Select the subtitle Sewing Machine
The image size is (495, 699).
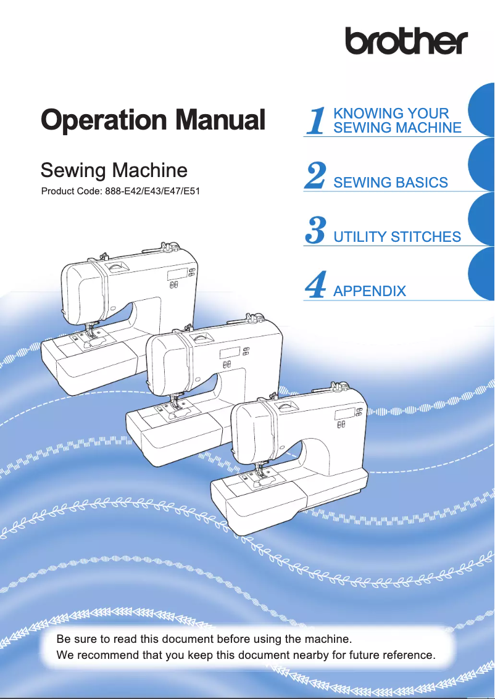click(113, 170)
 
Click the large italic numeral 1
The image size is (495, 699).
click(316, 121)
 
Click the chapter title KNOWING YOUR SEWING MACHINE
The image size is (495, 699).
click(396, 121)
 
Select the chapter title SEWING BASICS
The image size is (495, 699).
click(390, 183)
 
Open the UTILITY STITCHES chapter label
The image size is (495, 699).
click(397, 237)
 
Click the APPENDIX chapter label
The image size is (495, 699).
click(369, 291)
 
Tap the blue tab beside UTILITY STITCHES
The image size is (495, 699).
click(482, 219)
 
